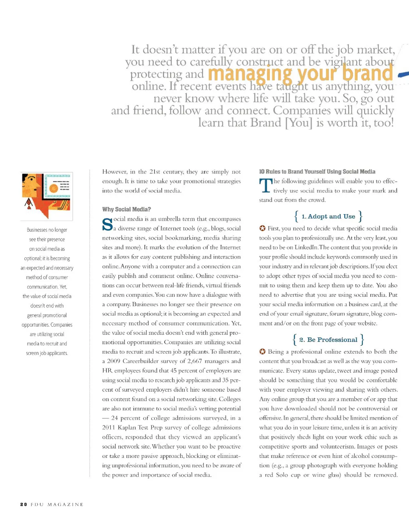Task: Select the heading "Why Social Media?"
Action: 126,209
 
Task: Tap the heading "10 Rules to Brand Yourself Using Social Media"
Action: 317,171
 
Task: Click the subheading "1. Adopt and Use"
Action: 328,217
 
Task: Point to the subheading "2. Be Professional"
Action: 328,340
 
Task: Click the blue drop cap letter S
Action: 107,225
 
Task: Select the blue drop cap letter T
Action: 266,186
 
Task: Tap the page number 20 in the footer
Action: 24,504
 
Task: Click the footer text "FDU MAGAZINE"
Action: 57,504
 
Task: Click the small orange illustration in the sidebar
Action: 47,196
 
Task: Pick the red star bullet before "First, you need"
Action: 262,229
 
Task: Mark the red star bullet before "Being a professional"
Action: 262,352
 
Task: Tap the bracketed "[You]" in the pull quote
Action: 298,122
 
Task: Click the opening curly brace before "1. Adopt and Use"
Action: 296,217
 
